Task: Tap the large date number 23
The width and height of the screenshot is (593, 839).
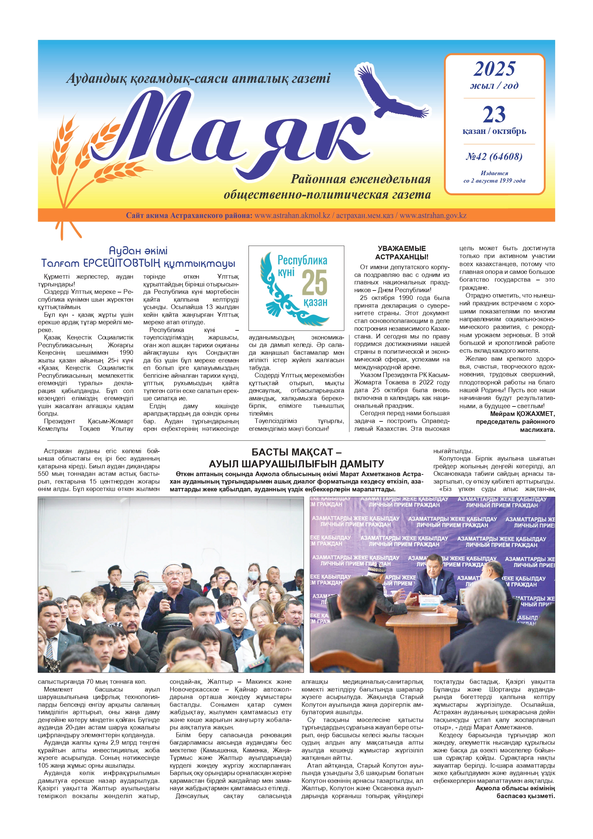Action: point(494,114)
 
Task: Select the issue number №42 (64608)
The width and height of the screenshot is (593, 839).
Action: point(494,157)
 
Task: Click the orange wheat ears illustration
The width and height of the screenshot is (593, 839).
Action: point(73,161)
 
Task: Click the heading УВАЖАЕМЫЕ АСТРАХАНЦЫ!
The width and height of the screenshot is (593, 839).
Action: point(402,253)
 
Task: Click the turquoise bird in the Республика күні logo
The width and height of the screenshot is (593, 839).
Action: point(278,292)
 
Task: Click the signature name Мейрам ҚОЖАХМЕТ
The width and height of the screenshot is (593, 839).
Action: point(522,414)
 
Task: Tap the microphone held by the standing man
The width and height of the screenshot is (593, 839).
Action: point(165,595)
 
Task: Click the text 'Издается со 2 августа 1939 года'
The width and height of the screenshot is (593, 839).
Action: point(494,177)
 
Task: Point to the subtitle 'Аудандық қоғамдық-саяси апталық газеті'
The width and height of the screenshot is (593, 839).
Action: point(198,78)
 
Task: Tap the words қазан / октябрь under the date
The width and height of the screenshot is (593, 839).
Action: point(494,131)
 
